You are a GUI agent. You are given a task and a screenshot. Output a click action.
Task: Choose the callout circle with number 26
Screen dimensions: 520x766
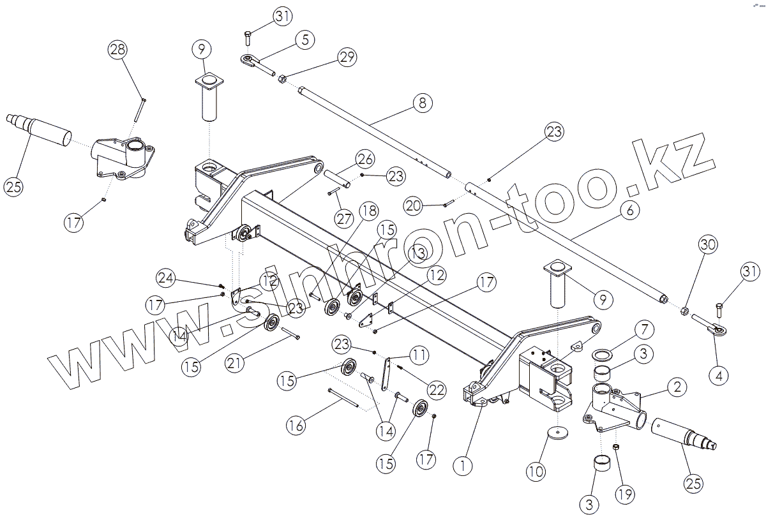365,158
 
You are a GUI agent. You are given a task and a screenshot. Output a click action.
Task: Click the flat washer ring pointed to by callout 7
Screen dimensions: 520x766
603,353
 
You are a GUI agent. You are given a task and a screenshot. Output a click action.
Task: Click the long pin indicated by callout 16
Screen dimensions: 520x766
345,397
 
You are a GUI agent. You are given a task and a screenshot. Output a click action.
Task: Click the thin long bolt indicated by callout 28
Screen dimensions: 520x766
139,109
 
